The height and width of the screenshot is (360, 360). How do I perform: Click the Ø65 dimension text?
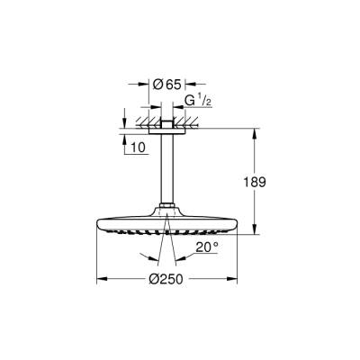coord(167,84)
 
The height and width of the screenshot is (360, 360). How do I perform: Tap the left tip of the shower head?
coord(98,224)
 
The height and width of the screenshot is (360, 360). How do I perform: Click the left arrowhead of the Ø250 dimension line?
coord(100,278)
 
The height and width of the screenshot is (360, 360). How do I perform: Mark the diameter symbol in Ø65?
coord(157,84)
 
